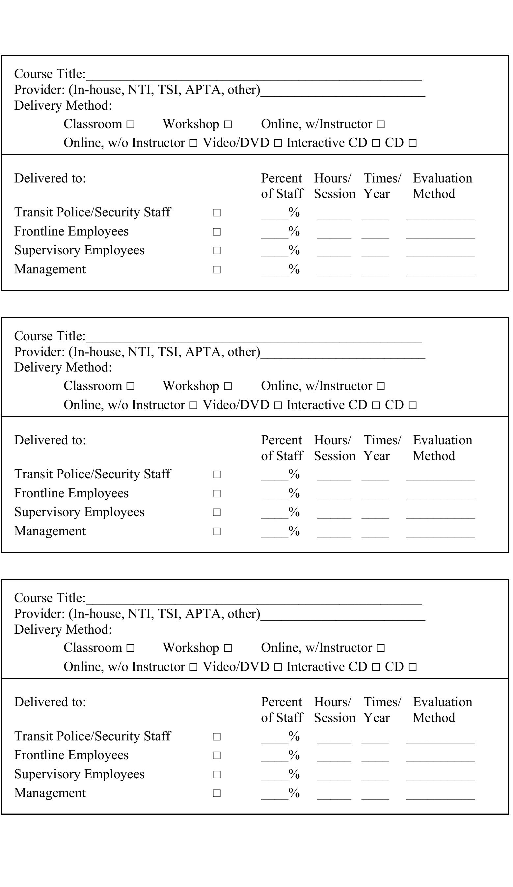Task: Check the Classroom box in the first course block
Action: click(x=130, y=124)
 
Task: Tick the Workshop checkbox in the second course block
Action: click(x=228, y=386)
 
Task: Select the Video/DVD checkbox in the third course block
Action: click(x=278, y=667)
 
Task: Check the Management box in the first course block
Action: click(x=217, y=270)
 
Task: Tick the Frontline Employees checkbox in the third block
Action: click(x=217, y=755)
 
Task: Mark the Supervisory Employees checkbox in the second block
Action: click(x=217, y=513)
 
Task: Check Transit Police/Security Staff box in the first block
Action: click(x=217, y=212)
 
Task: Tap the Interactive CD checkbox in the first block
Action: click(x=376, y=143)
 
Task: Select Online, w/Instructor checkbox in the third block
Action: click(x=380, y=648)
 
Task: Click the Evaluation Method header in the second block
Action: click(x=442, y=448)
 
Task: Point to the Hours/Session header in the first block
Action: click(x=334, y=186)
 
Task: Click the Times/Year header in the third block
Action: click(x=382, y=709)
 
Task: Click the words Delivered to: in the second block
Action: click(x=50, y=440)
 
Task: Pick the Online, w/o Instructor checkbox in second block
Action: click(x=193, y=405)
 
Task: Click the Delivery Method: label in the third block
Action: click(x=63, y=629)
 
